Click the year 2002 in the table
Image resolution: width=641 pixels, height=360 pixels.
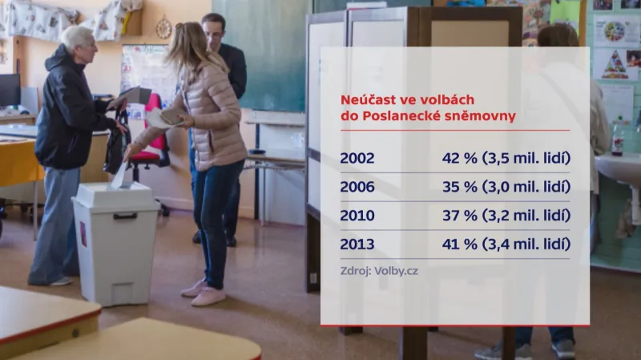click(357, 158)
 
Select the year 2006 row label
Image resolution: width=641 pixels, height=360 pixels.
click(357, 187)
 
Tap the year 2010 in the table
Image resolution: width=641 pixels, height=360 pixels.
click(357, 216)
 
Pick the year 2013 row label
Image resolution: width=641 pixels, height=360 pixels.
click(357, 245)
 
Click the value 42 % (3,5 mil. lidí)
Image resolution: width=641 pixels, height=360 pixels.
click(506, 158)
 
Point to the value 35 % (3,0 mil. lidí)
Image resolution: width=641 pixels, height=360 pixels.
click(506, 187)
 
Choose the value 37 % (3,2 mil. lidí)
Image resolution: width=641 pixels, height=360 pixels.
click(506, 216)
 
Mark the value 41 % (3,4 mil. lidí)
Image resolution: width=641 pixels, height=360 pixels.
click(506, 245)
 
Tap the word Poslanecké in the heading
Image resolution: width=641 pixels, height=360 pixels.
click(402, 116)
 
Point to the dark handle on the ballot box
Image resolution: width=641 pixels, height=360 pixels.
click(124, 216)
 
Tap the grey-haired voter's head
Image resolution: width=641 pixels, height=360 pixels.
click(78, 38)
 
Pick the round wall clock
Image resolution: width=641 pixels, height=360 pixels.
click(163, 28)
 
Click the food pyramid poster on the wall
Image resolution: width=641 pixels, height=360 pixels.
click(615, 64)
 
